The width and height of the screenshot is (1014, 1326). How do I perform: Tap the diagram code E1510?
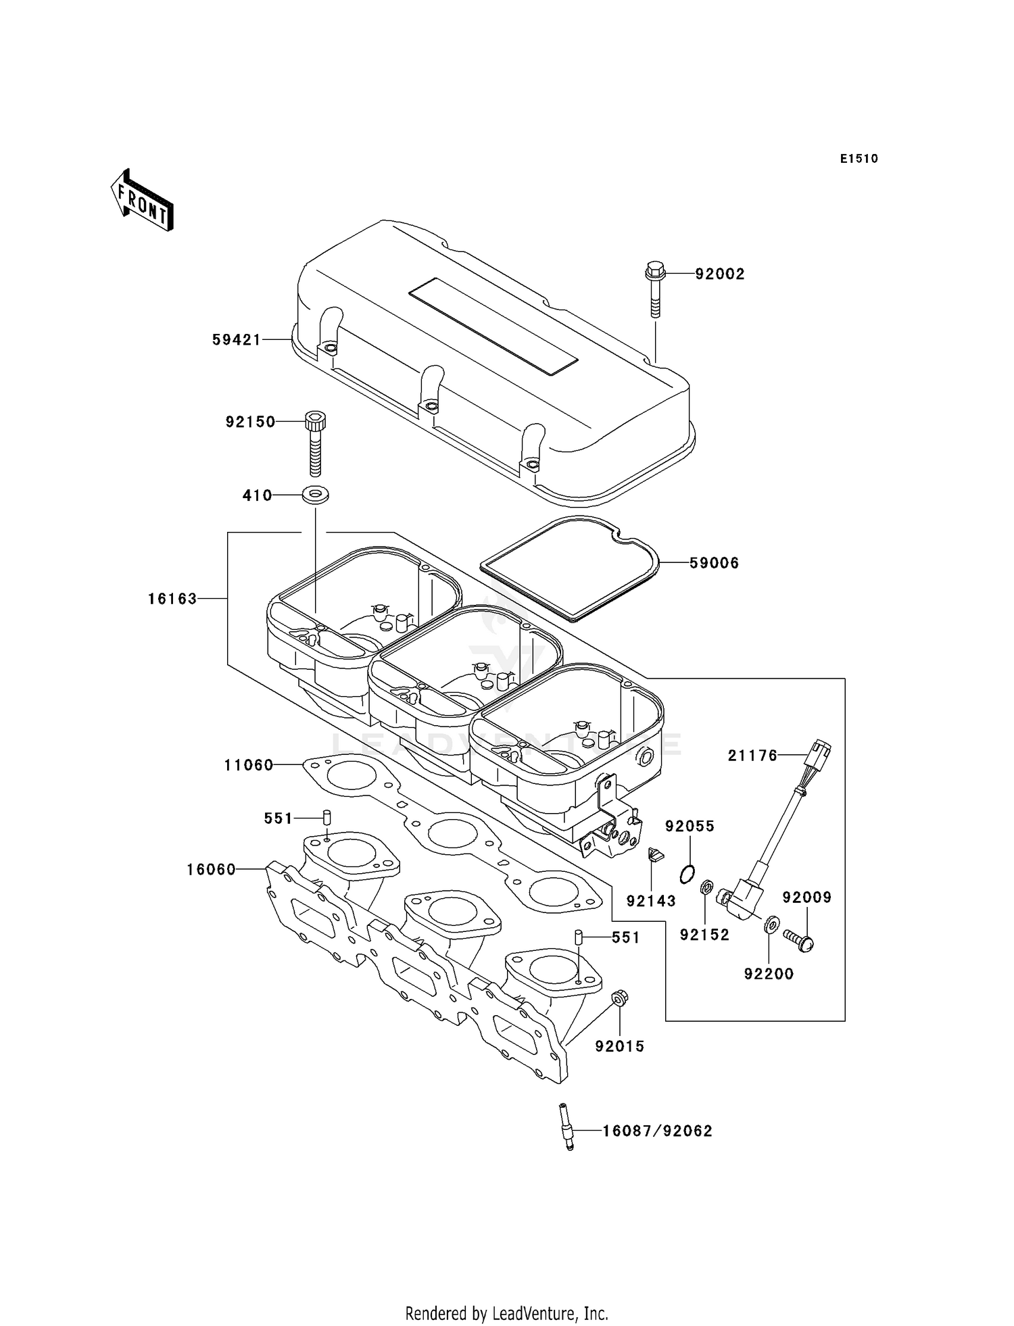pyautogui.click(x=859, y=159)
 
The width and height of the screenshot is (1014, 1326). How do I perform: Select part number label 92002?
pyautogui.click(x=720, y=274)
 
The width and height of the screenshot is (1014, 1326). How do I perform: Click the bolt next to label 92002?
pyautogui.click(x=655, y=289)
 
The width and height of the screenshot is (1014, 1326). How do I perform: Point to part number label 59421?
pyautogui.click(x=237, y=340)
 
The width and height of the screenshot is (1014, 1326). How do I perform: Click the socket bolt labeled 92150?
pyautogui.click(x=315, y=443)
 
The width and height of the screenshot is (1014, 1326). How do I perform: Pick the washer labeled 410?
pyautogui.click(x=315, y=495)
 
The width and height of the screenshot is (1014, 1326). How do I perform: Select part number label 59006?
pyautogui.click(x=715, y=563)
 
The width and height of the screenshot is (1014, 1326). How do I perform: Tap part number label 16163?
pyautogui.click(x=173, y=599)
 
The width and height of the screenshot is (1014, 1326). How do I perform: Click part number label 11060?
pyautogui.click(x=249, y=765)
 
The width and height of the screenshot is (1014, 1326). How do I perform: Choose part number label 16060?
pyautogui.click(x=212, y=870)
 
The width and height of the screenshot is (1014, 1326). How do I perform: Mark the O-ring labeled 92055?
pyautogui.click(x=687, y=874)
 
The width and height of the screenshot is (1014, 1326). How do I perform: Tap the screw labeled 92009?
pyautogui.click(x=798, y=940)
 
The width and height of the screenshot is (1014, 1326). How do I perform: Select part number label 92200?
pyautogui.click(x=769, y=974)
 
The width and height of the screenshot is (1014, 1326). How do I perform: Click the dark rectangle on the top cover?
pyautogui.click(x=493, y=327)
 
